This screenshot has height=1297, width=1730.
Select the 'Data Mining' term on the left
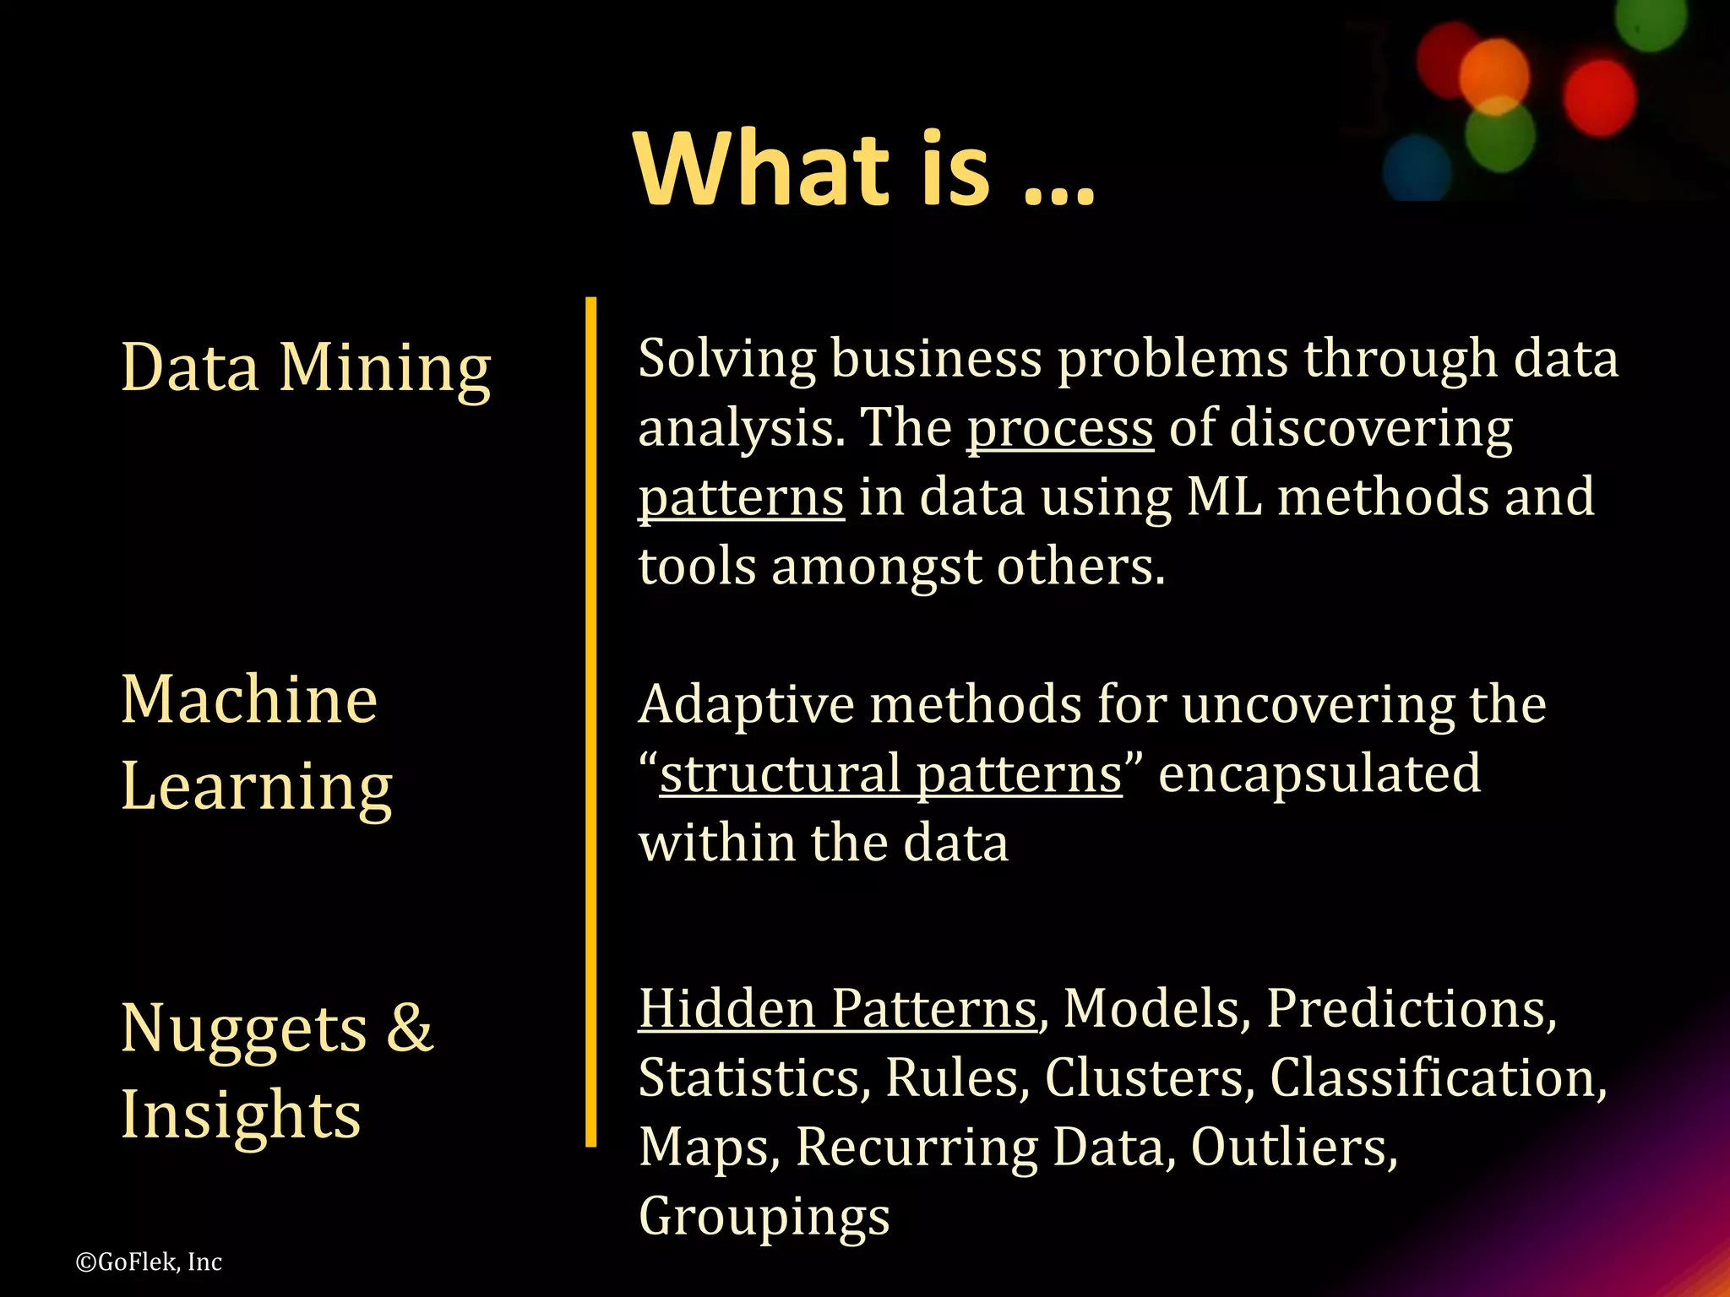point(306,368)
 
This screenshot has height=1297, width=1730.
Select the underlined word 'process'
point(1060,429)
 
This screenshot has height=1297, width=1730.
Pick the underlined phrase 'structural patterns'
point(890,773)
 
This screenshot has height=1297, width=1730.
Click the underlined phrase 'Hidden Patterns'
point(837,1008)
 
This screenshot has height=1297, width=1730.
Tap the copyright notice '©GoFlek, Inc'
point(149,1262)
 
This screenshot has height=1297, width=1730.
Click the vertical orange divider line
point(590,721)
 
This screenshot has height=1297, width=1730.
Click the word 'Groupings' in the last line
point(764,1216)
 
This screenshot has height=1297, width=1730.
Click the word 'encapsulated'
point(1319,773)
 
